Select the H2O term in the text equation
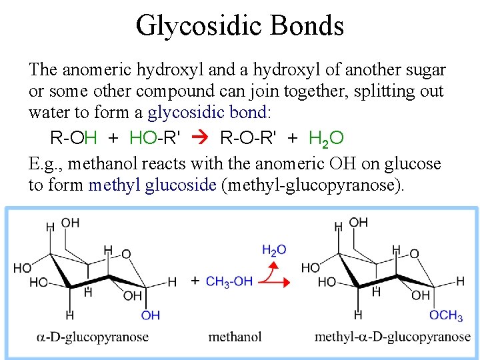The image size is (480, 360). pos(326,138)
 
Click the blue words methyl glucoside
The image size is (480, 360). pos(153,185)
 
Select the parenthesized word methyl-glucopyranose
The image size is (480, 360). pos(315,185)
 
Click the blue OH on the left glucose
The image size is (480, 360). pos(151,315)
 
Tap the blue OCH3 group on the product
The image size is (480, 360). pos(446,315)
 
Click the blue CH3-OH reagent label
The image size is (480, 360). pos(229,281)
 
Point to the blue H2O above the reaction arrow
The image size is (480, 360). pos(274,250)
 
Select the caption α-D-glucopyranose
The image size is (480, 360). pos(92,337)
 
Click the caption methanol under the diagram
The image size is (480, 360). pos(235,337)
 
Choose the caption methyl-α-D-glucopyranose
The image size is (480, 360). pos(392,337)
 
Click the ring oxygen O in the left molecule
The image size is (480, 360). pos(126,254)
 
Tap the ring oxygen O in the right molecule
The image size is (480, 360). pos(414,254)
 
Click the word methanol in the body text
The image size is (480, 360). pos(95,164)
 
